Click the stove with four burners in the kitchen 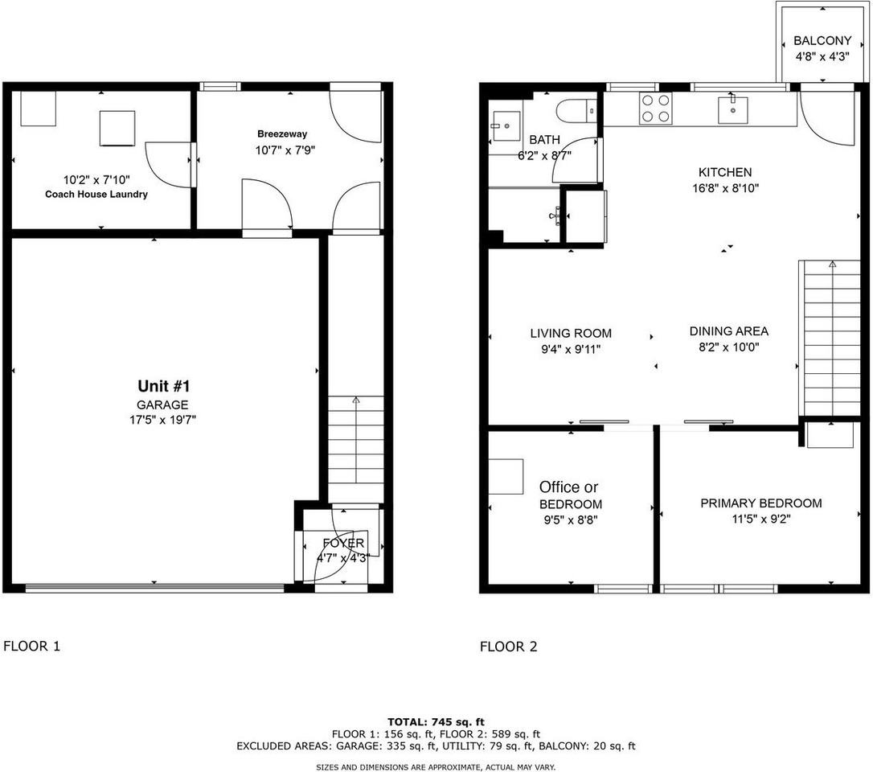coord(655,109)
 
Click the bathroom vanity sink coord(506,127)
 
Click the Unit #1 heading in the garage coord(163,386)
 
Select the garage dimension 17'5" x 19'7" coord(163,420)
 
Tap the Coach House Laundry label coord(96,194)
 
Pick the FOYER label coord(343,544)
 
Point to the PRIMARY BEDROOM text coord(761,503)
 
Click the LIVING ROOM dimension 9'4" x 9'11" coord(571,349)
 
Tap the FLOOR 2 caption coord(508,647)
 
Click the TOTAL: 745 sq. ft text coord(436,721)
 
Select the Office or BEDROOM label coord(569,495)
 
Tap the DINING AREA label coord(729,331)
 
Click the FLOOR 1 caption coord(32,646)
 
